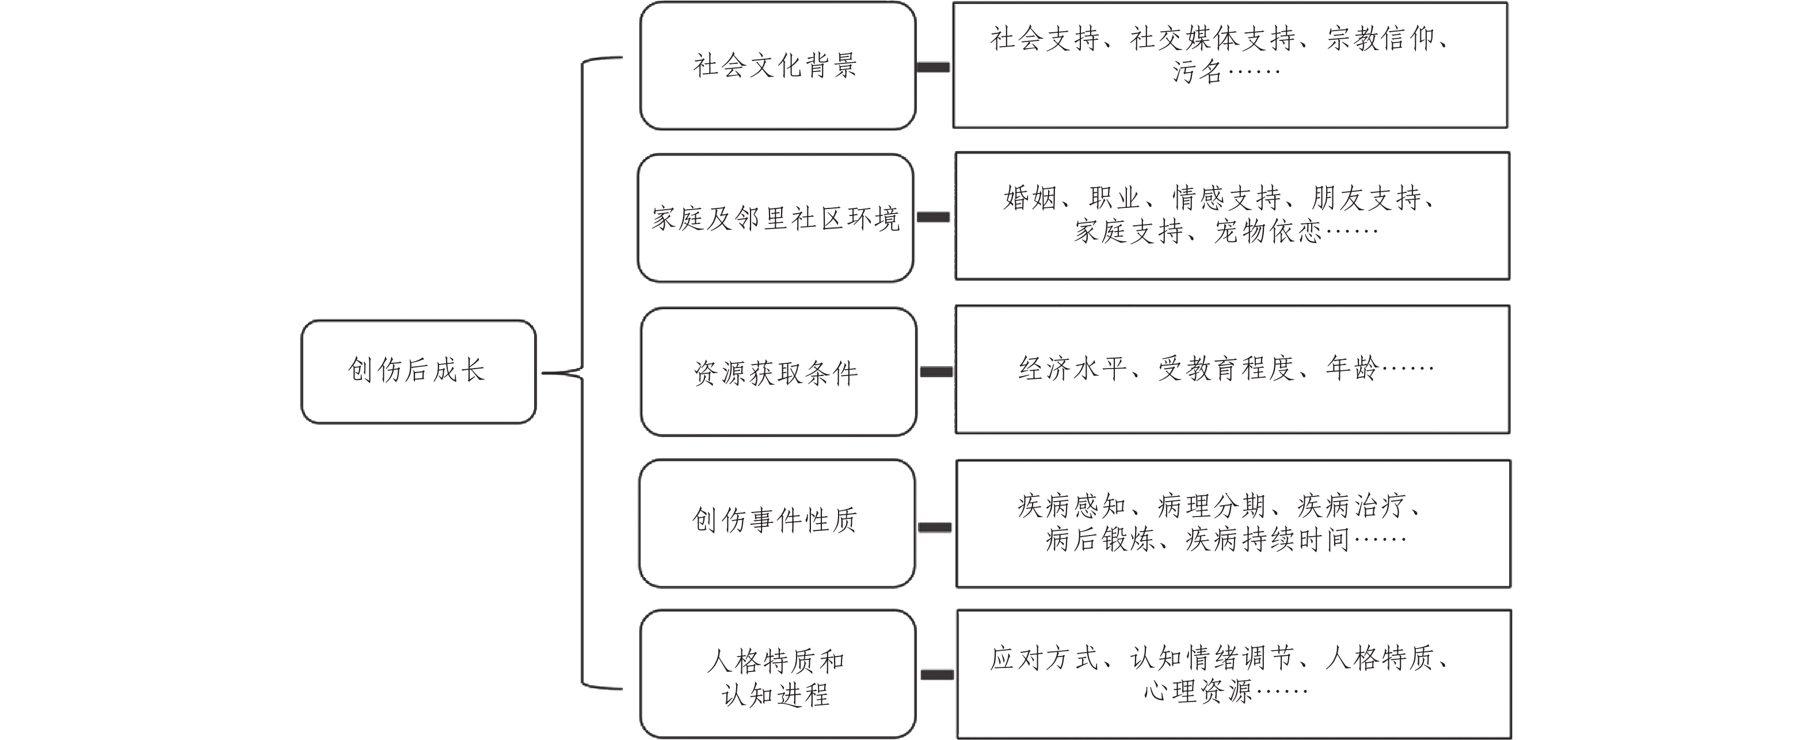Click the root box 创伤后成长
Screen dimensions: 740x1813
coord(418,371)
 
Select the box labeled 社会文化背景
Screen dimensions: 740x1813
coord(777,66)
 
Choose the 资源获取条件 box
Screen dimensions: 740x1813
coord(778,372)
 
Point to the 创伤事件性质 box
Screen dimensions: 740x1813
coord(776,522)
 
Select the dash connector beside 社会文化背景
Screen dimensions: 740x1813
coord(933,67)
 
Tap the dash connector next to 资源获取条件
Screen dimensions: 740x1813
coord(936,372)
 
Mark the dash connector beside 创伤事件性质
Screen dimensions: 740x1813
coord(935,528)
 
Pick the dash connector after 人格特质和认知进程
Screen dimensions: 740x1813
coord(938,674)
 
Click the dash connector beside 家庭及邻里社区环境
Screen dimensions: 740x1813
coord(933,218)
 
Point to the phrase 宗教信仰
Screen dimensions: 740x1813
coord(1380,39)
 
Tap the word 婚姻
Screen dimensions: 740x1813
coord(1030,198)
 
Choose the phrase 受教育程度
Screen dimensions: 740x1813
coord(1226,368)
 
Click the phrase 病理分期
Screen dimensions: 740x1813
coord(1211,506)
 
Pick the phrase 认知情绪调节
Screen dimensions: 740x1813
coord(1212,658)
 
